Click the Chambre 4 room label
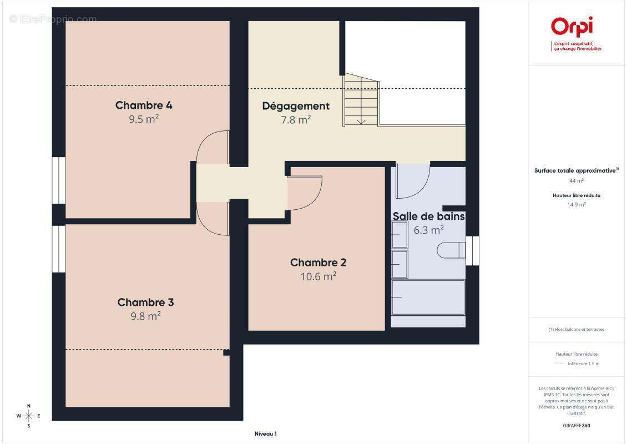[144, 105]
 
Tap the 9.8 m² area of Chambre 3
[145, 316]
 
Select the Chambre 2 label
[318, 263]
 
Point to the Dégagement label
[296, 107]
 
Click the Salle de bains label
[429, 216]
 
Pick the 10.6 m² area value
[318, 276]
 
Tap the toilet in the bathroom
[451, 250]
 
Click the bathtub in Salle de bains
[428, 297]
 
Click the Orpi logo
[572, 27]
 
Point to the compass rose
[28, 416]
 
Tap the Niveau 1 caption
[266, 433]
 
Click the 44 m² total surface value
[576, 181]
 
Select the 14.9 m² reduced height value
[576, 204]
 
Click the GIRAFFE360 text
[576, 426]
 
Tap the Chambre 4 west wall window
[59, 180]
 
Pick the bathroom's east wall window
[472, 251]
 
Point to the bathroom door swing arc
[420, 188]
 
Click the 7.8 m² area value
[296, 119]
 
